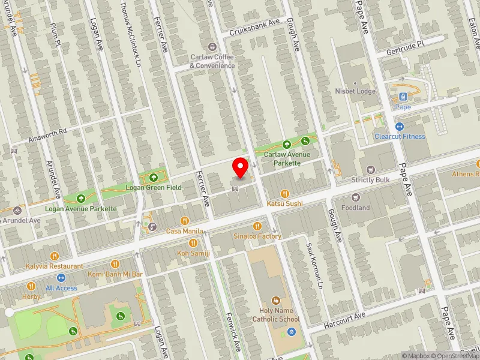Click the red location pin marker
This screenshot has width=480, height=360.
(x=241, y=167)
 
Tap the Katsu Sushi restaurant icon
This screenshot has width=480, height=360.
(x=285, y=194)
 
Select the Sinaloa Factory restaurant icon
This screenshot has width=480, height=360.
(x=257, y=226)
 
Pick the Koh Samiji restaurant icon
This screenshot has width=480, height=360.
(x=193, y=243)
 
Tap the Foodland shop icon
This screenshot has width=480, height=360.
(x=356, y=197)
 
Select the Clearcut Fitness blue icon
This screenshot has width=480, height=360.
(x=400, y=127)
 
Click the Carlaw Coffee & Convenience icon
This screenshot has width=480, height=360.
(x=212, y=47)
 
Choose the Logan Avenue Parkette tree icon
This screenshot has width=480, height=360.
(x=81, y=199)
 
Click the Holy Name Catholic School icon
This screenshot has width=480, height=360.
(x=276, y=300)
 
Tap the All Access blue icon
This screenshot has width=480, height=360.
(x=61, y=278)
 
